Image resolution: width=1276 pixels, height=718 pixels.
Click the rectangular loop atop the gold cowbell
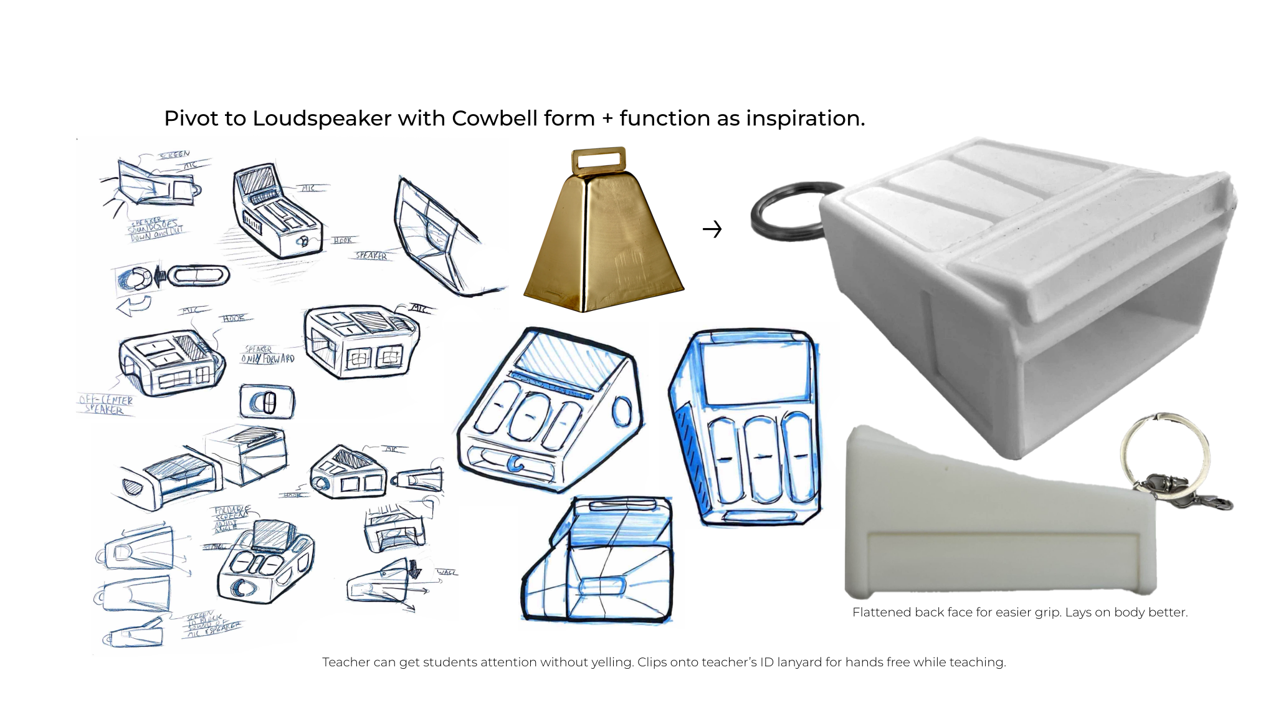(600, 160)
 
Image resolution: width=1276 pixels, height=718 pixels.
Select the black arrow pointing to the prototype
(712, 229)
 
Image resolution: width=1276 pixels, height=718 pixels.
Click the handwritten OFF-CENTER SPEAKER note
(105, 404)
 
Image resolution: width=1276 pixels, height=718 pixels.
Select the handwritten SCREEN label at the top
(174, 154)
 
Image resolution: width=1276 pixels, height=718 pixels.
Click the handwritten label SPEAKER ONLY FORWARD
(267, 355)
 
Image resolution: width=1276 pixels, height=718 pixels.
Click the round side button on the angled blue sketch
(622, 411)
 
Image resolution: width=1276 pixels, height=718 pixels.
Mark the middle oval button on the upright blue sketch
(758, 458)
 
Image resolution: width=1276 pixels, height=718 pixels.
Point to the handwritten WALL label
(447, 572)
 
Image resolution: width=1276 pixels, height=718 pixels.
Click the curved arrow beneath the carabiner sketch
(134, 305)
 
